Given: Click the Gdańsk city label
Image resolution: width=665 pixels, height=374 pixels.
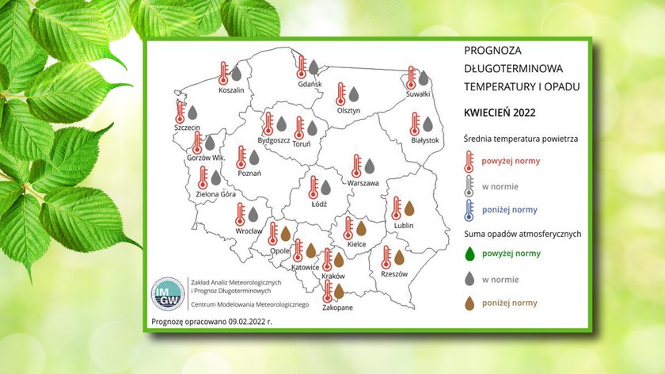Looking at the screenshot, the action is point(310,84).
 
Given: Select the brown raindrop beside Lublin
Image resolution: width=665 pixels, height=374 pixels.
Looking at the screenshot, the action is point(409,208).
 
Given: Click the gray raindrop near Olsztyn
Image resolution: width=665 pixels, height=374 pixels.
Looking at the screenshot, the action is point(354,94).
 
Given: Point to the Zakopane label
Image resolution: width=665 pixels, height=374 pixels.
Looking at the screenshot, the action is point(337,307).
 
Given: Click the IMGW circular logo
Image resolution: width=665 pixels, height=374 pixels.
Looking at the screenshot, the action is point(168,294).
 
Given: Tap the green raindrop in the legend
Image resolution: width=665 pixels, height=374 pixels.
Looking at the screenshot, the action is point(469,254).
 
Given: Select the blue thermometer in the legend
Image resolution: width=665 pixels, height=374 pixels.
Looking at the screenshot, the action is point(469,210).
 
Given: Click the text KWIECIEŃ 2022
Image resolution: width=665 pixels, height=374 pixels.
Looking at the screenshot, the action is point(500,113).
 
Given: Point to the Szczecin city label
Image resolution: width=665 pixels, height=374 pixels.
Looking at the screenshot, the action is point(187,128).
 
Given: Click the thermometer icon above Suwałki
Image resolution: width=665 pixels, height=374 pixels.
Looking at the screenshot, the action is point(411,78).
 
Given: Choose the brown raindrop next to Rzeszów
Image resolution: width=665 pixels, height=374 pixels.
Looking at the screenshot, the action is point(400,258).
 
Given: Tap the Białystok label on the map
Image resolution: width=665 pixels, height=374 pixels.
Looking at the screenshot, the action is point(425,140).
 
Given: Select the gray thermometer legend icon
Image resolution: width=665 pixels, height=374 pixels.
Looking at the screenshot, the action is point(469,186).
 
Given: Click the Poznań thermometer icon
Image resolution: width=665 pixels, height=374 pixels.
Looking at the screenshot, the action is point(241,158).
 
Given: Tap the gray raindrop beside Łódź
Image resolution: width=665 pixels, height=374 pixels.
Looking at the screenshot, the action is point(325,187).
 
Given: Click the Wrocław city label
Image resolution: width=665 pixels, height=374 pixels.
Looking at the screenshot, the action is point(249,231).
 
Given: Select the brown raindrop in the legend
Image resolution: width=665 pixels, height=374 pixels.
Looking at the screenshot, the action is point(469,303).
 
